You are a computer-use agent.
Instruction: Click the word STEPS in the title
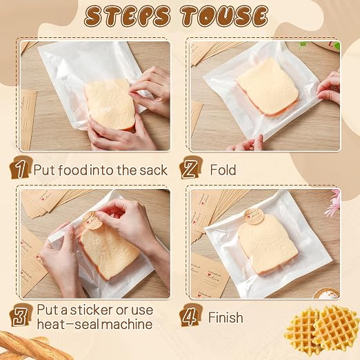click(x=128, y=16)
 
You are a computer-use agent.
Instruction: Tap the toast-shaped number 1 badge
click(x=20, y=167)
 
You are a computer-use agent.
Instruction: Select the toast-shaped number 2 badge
click(x=190, y=167)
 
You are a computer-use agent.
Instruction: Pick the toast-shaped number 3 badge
click(x=21, y=314)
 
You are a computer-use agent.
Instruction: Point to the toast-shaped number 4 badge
click(x=190, y=314)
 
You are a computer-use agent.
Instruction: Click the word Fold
click(x=223, y=170)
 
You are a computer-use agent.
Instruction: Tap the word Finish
click(x=226, y=317)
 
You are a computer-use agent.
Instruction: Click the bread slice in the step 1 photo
click(x=110, y=105)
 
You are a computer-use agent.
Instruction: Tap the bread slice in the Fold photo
click(x=268, y=87)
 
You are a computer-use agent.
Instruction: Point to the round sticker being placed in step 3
click(x=92, y=221)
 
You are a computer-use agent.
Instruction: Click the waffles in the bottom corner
click(x=322, y=331)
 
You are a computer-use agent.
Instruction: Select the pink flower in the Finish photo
click(x=333, y=203)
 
